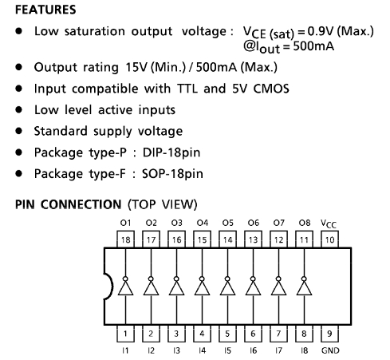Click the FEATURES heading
[45, 10]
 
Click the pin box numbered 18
[125, 239]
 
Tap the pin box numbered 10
[329, 239]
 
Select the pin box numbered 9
[329, 334]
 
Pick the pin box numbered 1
[125, 334]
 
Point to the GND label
[330, 350]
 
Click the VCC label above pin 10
[329, 224]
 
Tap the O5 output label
[228, 223]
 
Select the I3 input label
[176, 350]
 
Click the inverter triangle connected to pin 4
[202, 288]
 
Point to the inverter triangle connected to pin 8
[304, 288]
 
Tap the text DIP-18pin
[171, 152]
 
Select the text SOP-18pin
[172, 174]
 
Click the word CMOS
[271, 89]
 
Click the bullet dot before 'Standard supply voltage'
[19, 131]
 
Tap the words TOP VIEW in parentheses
[163, 204]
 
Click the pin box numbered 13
[253, 239]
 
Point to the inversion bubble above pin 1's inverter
[125, 279]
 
